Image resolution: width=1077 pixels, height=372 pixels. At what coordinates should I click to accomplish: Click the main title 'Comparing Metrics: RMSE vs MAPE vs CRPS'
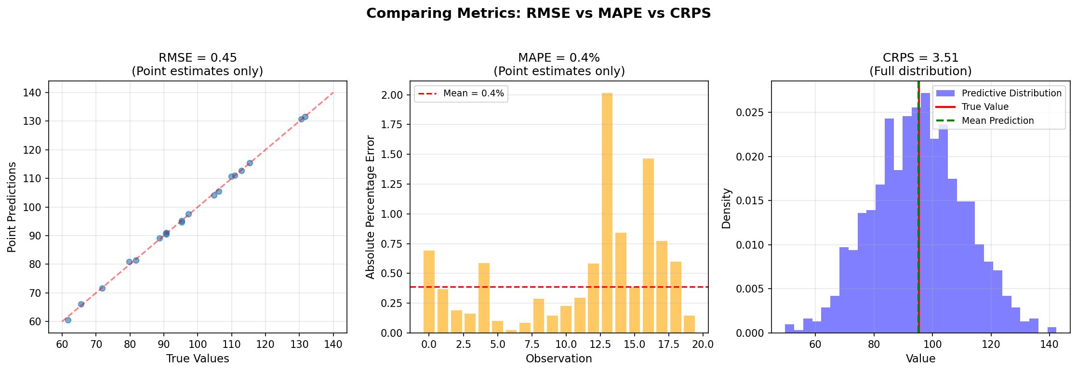tap(538, 13)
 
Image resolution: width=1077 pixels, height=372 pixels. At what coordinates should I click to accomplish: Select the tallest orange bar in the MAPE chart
tap(607, 212)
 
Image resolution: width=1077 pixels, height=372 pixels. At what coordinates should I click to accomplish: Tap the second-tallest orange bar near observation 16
tap(648, 246)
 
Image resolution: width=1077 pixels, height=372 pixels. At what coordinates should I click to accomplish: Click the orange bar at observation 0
tap(429, 292)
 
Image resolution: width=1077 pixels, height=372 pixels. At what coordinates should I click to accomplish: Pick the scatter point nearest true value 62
tap(68, 320)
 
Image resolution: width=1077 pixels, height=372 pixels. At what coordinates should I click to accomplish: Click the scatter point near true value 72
tap(102, 288)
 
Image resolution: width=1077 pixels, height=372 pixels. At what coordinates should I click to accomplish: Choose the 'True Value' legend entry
tap(985, 107)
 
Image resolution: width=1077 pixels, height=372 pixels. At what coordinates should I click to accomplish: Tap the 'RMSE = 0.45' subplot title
tap(198, 58)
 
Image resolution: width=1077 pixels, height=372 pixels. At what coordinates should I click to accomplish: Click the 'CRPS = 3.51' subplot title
tap(920, 58)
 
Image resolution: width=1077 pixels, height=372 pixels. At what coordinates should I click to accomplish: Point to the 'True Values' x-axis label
tap(198, 359)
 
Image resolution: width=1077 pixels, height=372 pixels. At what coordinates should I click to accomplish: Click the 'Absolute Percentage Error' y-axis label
tap(370, 207)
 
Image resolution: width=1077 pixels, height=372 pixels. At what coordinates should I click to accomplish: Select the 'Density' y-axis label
tap(726, 208)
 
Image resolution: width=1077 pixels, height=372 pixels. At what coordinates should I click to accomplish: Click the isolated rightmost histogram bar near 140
tap(1052, 330)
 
